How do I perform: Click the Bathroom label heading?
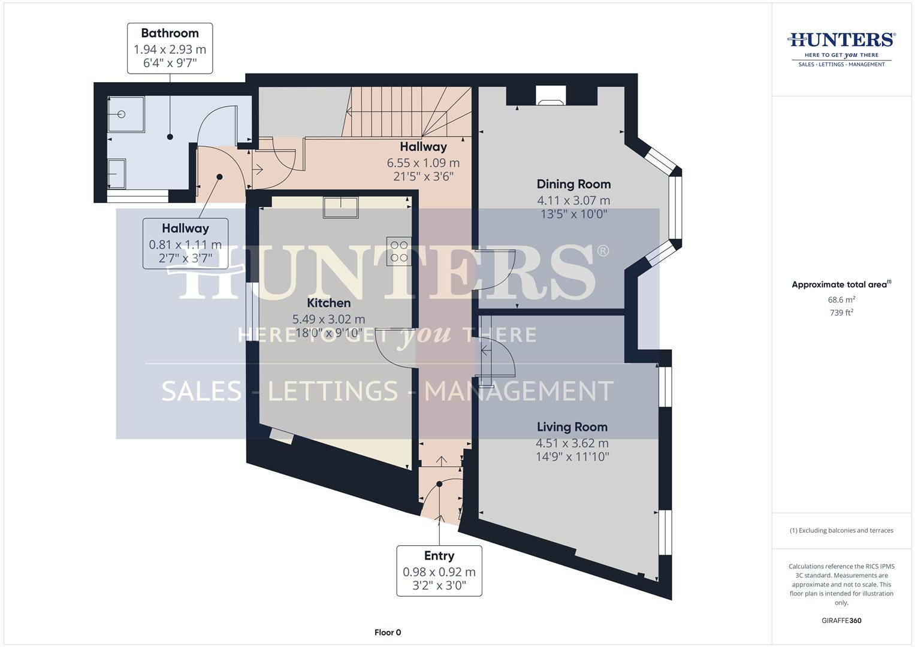coord(170,34)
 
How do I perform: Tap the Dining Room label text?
coord(573,185)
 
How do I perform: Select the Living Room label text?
coord(572,427)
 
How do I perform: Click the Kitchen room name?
coord(328,303)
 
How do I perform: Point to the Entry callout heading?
coord(439,556)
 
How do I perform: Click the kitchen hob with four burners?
coord(398,251)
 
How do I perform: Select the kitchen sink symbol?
coord(340,207)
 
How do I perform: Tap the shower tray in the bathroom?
coord(126,114)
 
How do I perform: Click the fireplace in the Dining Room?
coord(551,95)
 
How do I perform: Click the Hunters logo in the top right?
coord(841,48)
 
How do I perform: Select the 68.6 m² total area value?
coord(841,300)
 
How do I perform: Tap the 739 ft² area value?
coord(841,313)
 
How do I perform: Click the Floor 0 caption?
coord(388,633)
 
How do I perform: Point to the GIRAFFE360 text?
coord(841,621)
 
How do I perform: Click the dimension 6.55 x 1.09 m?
coord(423,163)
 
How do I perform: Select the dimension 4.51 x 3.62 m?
coord(572,443)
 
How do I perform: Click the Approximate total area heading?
coord(841,285)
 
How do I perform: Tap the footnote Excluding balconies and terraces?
coord(841,530)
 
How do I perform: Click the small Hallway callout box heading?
coord(185,228)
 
